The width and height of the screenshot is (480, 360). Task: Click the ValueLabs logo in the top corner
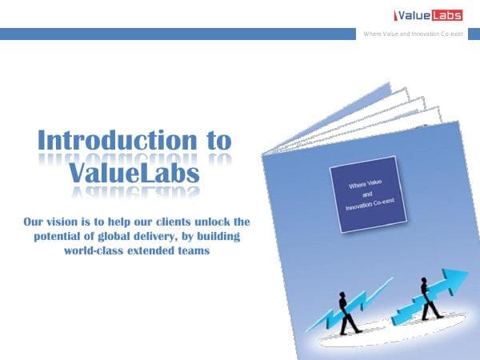tap(430, 14)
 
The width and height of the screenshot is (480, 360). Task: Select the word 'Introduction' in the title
tap(111, 140)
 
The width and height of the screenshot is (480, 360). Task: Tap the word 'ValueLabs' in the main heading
tap(134, 172)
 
